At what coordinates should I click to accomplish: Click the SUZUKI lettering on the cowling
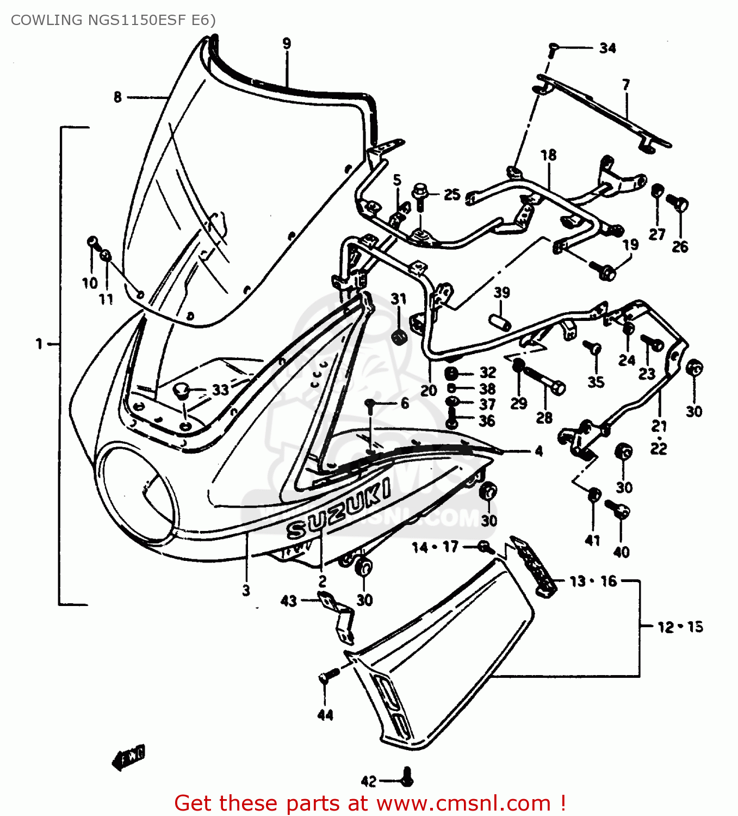coord(338,509)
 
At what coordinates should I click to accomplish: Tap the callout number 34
coord(607,48)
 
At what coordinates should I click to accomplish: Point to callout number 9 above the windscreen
coord(287,44)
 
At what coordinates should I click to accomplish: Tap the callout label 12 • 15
coord(680,627)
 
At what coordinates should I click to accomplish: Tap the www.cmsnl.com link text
coord(463,803)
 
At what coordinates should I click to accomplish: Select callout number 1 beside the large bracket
coord(39,344)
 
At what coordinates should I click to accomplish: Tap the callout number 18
coord(548,155)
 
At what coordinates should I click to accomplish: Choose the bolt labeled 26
coord(679,203)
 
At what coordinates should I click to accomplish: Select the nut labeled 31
coord(399,336)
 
